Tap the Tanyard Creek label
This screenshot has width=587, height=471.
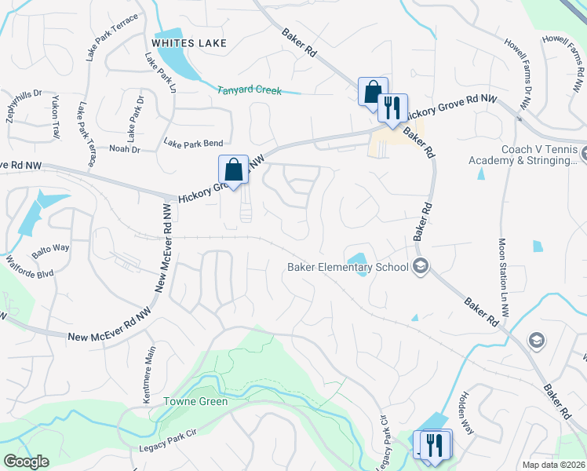pyautogui.click(x=249, y=90)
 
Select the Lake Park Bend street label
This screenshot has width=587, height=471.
pyautogui.click(x=193, y=143)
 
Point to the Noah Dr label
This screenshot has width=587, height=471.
pyautogui.click(x=125, y=149)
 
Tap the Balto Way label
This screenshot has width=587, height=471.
pyautogui.click(x=50, y=248)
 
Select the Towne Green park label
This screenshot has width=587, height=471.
pyautogui.click(x=195, y=402)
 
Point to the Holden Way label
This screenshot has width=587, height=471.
pyautogui.click(x=467, y=414)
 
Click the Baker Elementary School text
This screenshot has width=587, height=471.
pyautogui.click(x=348, y=267)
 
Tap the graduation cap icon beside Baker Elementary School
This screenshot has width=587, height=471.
pyautogui.click(x=421, y=267)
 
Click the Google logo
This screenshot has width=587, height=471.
pyautogui.click(x=27, y=462)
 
